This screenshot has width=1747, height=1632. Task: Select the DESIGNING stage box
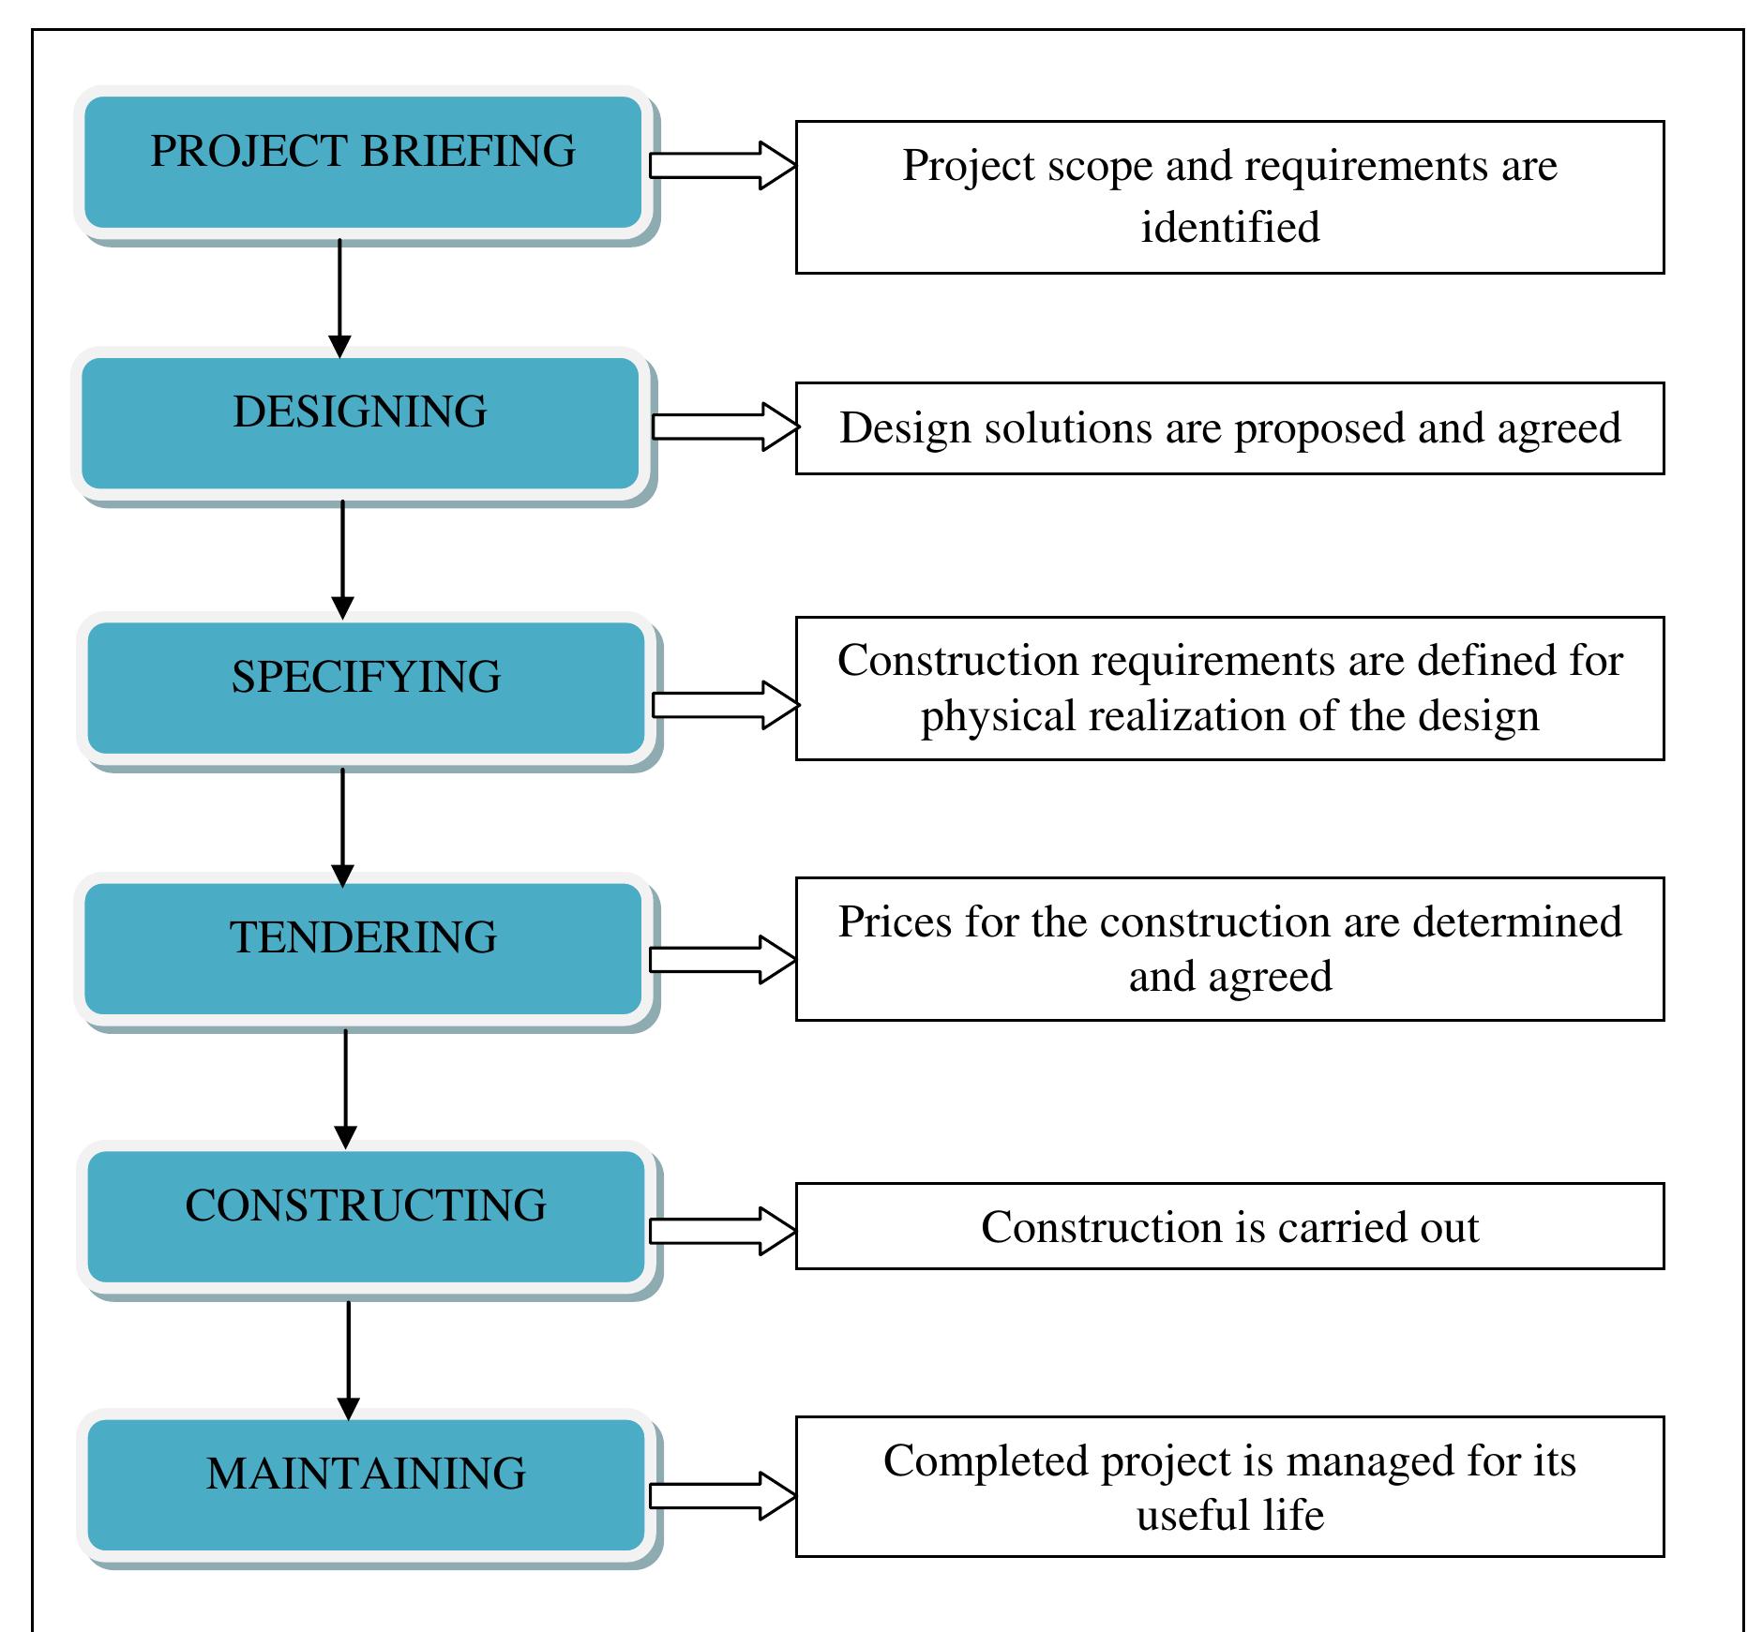360,424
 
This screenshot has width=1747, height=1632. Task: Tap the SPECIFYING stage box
366,688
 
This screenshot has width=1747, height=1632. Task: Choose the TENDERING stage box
363,949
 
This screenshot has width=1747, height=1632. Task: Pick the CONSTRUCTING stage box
366,1217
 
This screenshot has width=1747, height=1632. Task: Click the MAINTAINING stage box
366,1485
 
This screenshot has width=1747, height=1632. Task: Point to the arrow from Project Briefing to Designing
339,298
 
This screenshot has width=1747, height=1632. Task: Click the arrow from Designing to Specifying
342,560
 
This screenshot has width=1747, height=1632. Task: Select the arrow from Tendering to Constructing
346,1088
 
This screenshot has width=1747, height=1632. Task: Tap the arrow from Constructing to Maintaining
349,1359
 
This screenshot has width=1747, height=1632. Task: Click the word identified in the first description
1229,228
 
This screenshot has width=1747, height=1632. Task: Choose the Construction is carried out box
1229,1226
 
